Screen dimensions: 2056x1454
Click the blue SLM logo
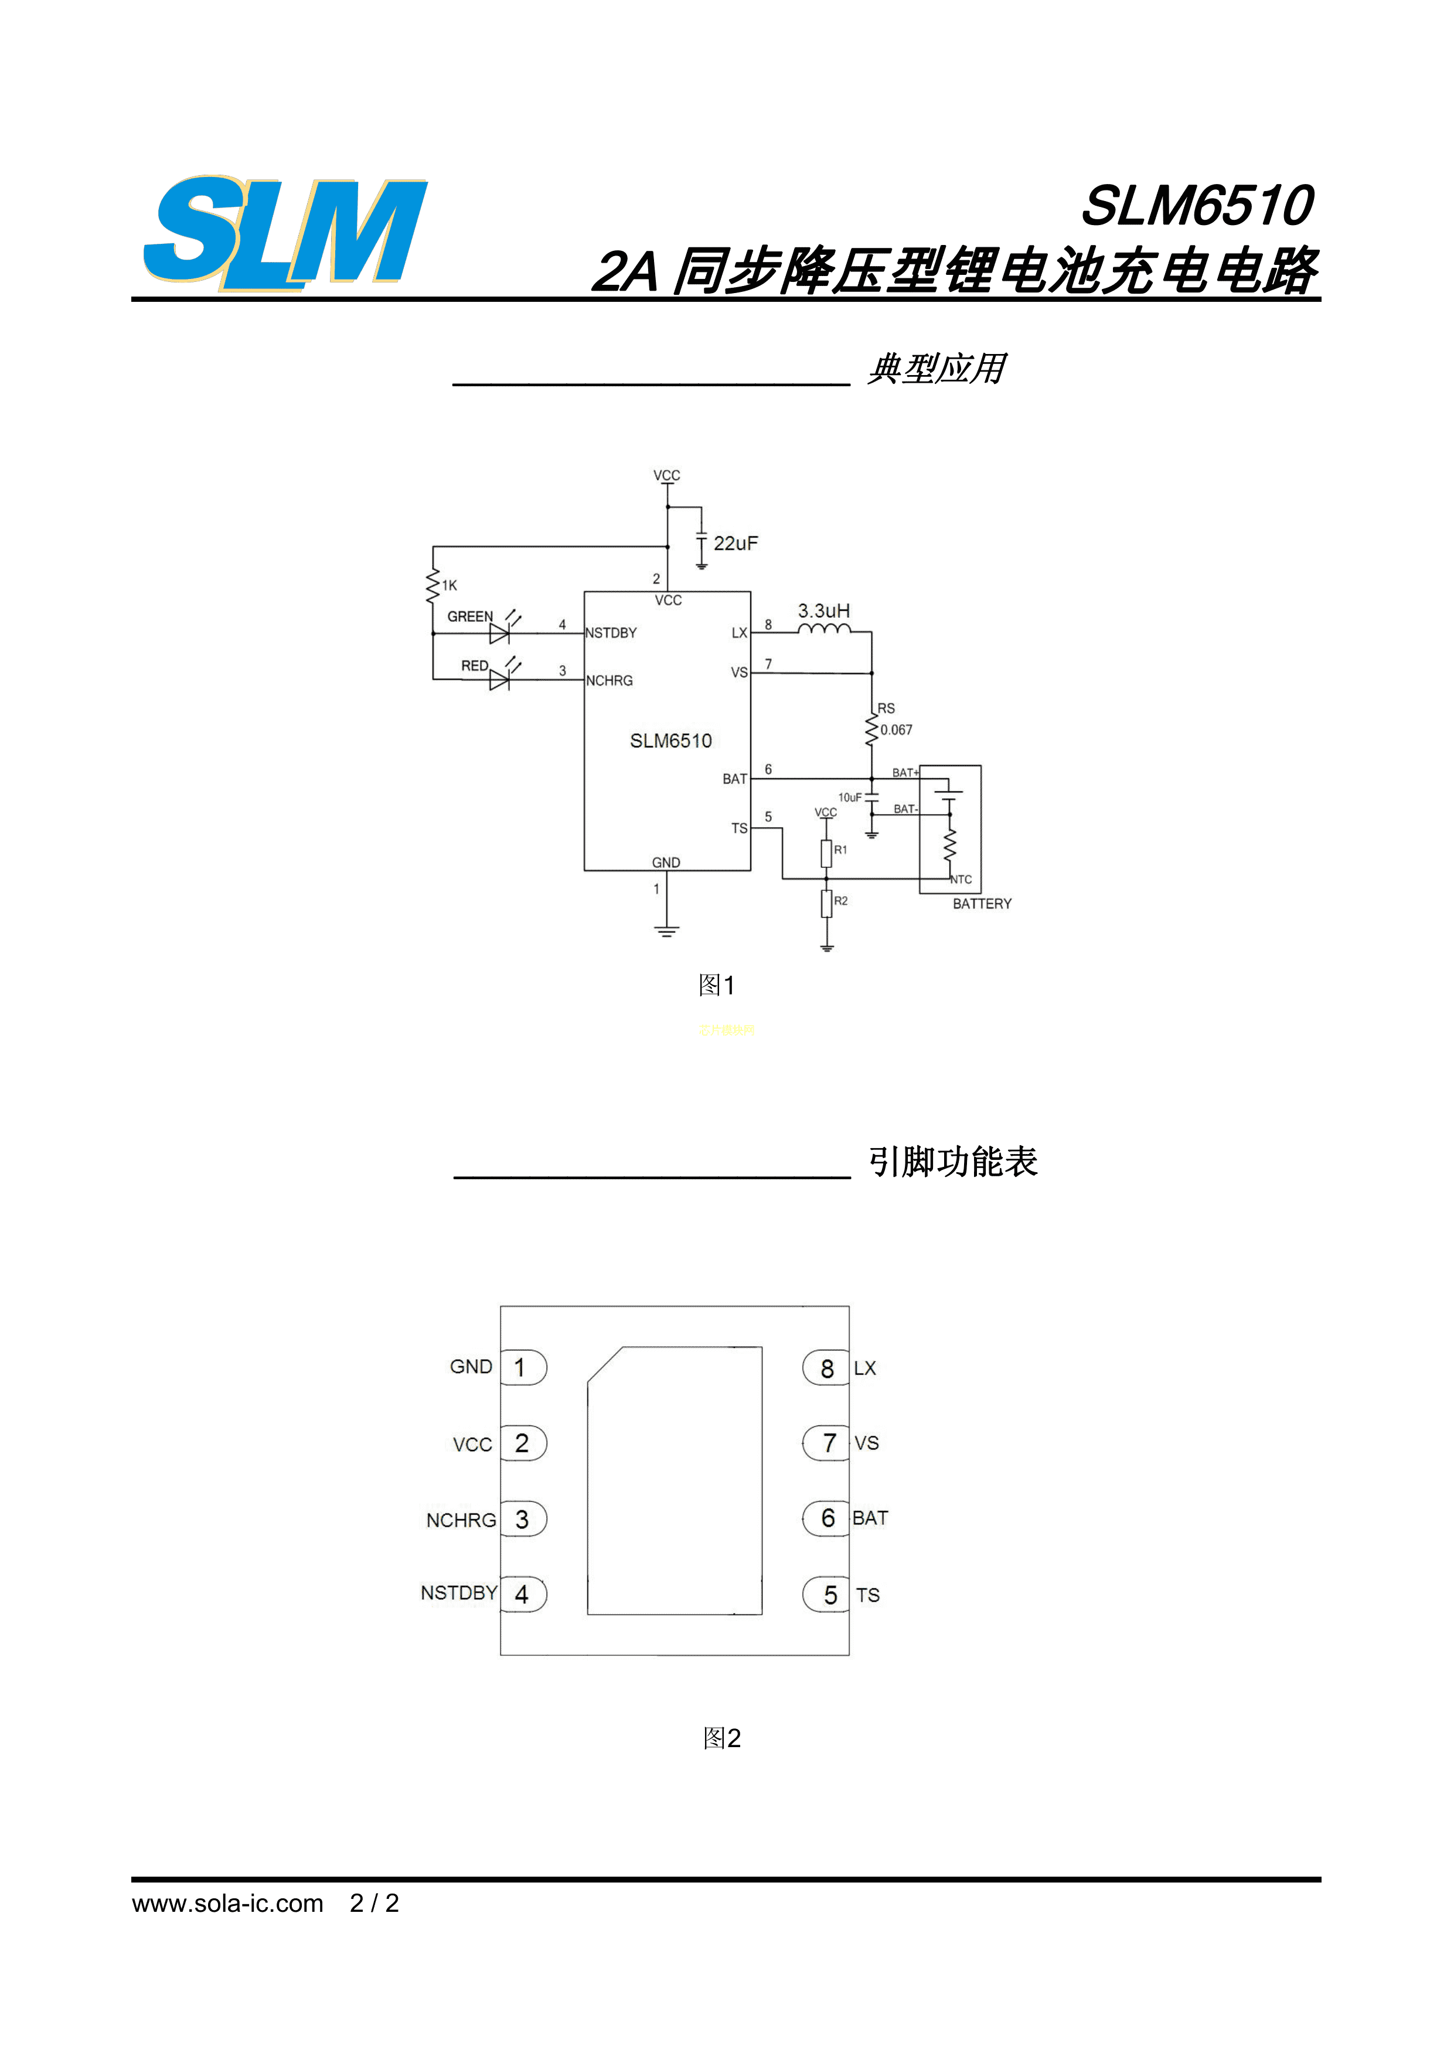pyautogui.click(x=285, y=232)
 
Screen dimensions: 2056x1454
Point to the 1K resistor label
pyautogui.click(x=450, y=586)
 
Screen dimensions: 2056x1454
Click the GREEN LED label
pyautogui.click(x=470, y=617)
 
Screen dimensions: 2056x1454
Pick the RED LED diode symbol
pyautogui.click(x=499, y=680)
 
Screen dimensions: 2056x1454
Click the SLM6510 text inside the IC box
pyautogui.click(x=670, y=741)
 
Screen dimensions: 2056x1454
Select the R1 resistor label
pyautogui.click(x=841, y=850)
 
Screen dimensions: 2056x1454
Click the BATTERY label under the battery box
pyautogui.click(x=982, y=904)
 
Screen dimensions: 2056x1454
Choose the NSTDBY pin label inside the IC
pyautogui.click(x=611, y=633)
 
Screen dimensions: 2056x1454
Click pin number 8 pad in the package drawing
pyautogui.click(x=826, y=1369)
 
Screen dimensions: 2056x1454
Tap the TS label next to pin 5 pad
pyautogui.click(x=867, y=1595)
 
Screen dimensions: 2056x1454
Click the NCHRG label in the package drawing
pyautogui.click(x=461, y=1520)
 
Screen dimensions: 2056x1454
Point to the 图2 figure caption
pyautogui.click(x=721, y=1738)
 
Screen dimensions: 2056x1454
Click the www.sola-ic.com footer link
pyautogui.click(x=227, y=1903)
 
